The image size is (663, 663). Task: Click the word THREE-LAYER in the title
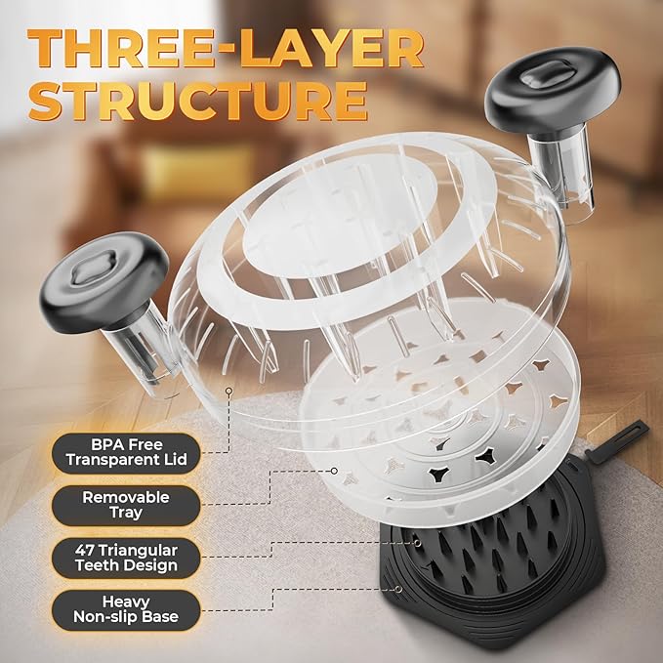tap(226, 48)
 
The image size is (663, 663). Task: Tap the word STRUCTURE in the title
tap(198, 101)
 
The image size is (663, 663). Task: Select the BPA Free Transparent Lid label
tap(126, 452)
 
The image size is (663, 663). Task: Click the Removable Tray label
tap(126, 505)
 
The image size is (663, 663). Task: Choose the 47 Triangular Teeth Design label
tap(126, 558)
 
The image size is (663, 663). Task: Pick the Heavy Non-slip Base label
tap(126, 609)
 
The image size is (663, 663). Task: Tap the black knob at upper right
tap(552, 88)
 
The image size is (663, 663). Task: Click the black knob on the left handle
tap(104, 281)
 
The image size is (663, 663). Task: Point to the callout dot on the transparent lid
tap(228, 391)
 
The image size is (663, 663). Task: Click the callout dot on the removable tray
tap(334, 471)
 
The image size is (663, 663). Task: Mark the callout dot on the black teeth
tap(417, 543)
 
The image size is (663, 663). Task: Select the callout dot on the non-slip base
tap(397, 589)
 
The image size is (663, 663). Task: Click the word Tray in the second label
tap(126, 513)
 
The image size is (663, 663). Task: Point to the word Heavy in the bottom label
tap(126, 601)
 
